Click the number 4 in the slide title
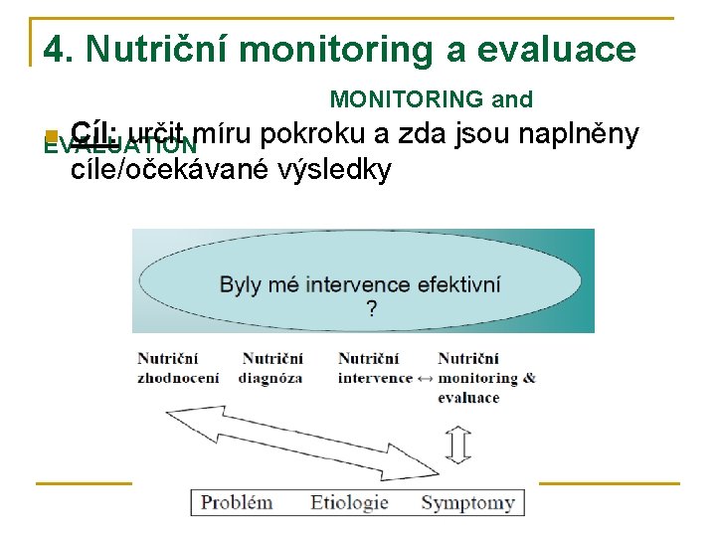pos(55,50)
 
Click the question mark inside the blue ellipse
pos(371,309)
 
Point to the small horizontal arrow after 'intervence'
pos(425,379)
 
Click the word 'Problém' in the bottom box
pos(237,501)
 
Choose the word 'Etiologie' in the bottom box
pos(349,501)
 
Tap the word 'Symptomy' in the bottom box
pos(467,502)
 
